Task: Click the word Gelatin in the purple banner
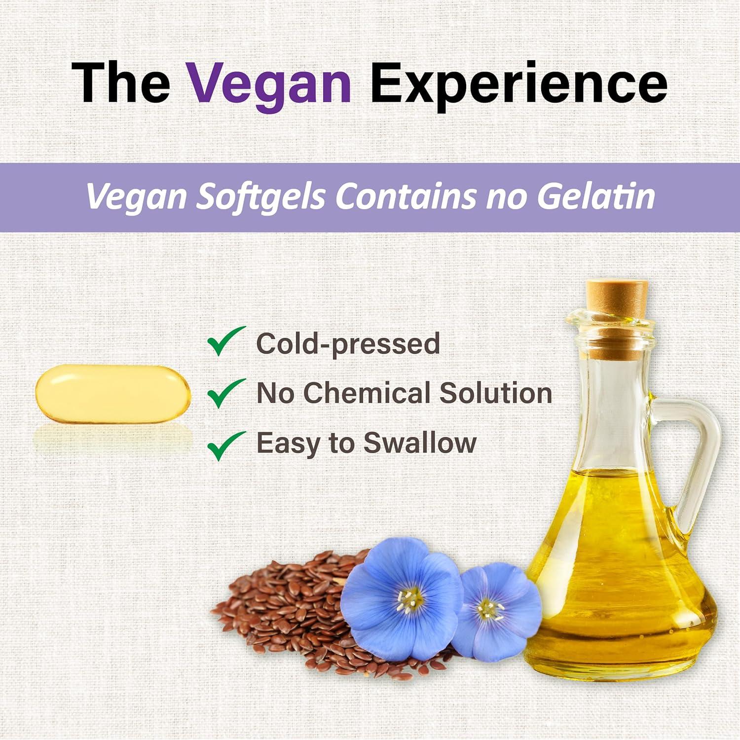click(595, 196)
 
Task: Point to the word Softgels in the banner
click(261, 197)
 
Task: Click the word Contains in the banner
click(406, 196)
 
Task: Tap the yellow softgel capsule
click(112, 394)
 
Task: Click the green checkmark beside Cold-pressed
click(225, 341)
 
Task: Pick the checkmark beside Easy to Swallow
click(225, 445)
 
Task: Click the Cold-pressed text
click(348, 343)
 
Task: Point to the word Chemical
click(367, 393)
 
